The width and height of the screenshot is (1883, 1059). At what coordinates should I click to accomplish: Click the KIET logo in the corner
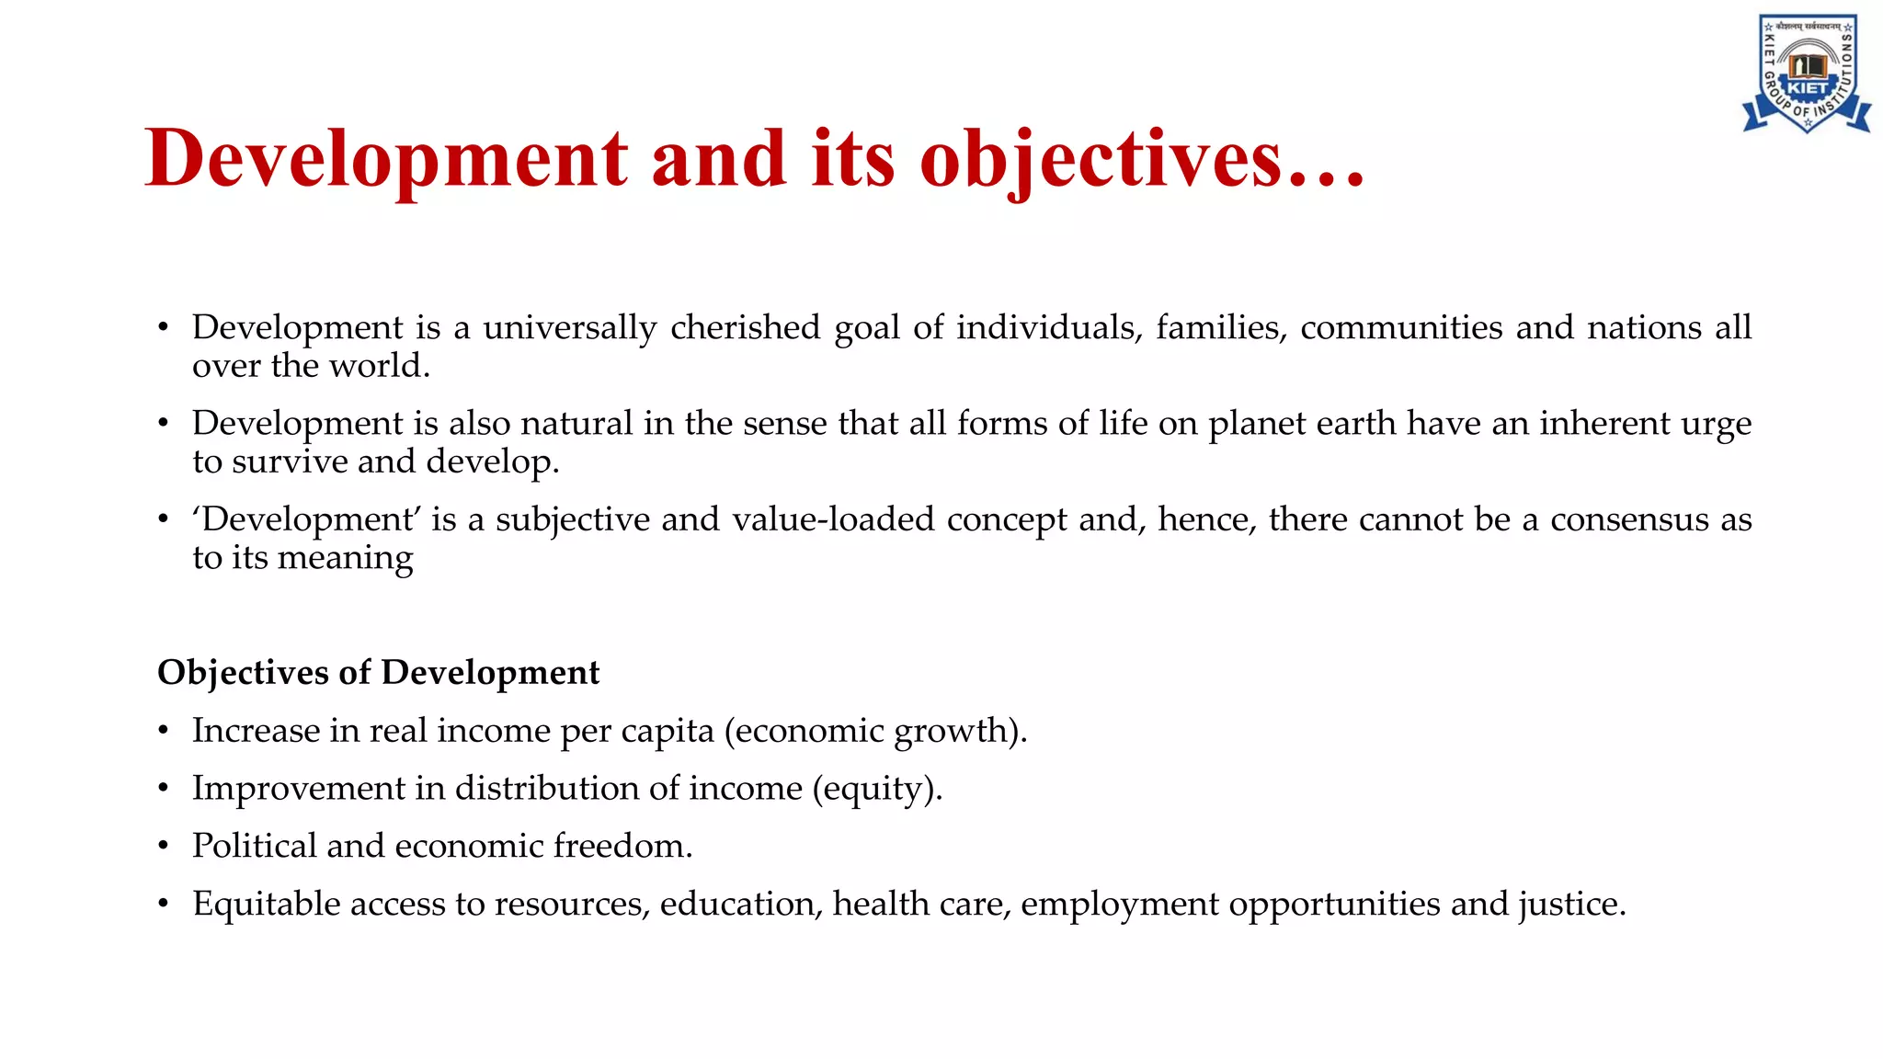(x=1807, y=74)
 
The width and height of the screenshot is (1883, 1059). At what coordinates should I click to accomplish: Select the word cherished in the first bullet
(x=745, y=328)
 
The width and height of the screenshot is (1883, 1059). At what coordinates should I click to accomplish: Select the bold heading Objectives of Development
(x=379, y=673)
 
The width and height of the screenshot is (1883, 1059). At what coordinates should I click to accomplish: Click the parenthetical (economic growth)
(x=875, y=732)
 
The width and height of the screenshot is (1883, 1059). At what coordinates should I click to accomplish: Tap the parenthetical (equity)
(x=877, y=790)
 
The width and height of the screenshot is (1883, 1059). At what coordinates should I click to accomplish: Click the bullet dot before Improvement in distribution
(x=164, y=790)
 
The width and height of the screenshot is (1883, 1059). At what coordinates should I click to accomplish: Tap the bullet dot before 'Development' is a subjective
(x=164, y=520)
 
